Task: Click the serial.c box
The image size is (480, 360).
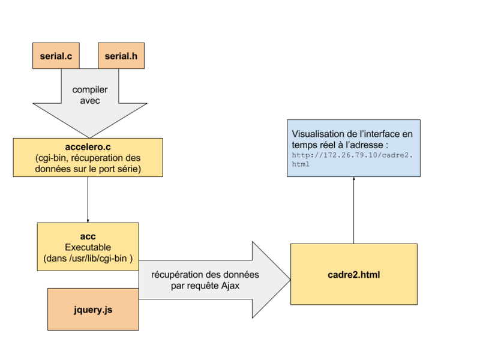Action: [56, 56]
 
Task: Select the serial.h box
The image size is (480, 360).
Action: [121, 56]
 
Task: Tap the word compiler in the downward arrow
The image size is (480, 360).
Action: [90, 89]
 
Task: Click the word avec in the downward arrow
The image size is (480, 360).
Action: [90, 100]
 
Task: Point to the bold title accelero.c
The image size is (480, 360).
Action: [88, 147]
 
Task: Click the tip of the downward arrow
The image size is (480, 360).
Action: [88, 136]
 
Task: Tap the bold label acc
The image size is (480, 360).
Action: [88, 236]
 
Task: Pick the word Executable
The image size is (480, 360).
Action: [88, 247]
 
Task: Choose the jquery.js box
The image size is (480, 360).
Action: [93, 310]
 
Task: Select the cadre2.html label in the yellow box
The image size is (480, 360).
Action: [353, 275]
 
